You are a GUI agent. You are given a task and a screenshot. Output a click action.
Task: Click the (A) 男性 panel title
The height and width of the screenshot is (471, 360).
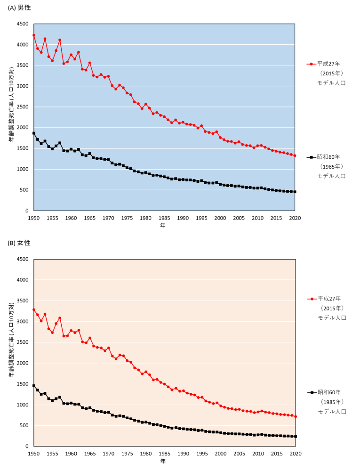point(19,8)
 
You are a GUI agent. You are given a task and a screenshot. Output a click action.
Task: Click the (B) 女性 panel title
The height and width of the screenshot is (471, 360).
point(19,243)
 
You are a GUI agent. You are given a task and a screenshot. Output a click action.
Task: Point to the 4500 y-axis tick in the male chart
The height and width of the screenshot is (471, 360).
point(22,24)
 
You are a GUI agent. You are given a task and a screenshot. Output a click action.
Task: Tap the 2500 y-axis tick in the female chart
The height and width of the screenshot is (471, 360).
point(22,342)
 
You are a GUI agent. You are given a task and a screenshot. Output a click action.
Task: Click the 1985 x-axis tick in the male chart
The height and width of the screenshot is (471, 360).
point(165,218)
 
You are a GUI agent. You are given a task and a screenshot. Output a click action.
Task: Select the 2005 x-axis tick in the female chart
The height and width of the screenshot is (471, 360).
point(239,454)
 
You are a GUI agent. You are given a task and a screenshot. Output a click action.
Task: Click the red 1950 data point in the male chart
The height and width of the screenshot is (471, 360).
point(34,35)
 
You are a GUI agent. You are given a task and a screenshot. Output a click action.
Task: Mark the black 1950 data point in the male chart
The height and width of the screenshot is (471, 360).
point(34,133)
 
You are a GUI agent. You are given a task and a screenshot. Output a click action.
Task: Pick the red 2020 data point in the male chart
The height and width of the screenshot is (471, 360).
point(295,155)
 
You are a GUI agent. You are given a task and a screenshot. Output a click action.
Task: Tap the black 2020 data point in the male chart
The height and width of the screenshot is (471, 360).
point(295,192)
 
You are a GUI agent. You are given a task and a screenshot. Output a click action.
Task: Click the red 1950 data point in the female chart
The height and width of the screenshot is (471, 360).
point(34,309)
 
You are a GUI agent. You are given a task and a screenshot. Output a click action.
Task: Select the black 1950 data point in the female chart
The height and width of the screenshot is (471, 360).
point(34,386)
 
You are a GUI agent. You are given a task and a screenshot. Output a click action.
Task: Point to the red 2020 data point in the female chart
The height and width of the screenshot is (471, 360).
point(295,416)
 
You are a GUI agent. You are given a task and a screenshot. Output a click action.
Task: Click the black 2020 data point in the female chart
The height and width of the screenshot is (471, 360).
point(295,436)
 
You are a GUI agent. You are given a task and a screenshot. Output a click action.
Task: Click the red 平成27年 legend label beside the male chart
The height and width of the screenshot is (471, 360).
point(328,64)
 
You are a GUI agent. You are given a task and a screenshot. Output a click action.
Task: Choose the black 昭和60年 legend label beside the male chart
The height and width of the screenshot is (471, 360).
point(328,157)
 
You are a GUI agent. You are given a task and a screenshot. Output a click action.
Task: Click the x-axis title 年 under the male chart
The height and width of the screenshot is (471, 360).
point(163,226)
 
